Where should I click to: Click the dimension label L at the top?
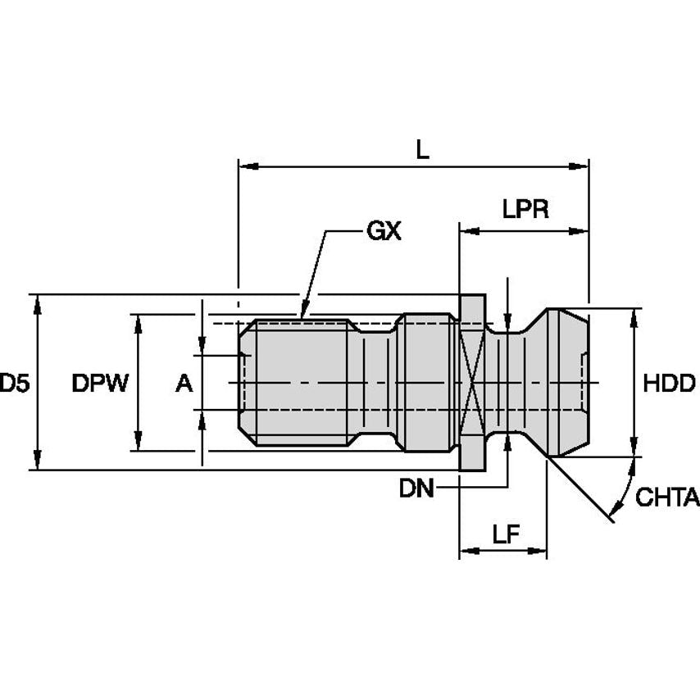(x=422, y=149)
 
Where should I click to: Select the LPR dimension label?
(x=525, y=210)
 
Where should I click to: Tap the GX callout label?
(x=383, y=232)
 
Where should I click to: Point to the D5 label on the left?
(x=14, y=383)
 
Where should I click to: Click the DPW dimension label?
(x=100, y=383)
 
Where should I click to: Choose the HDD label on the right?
(x=669, y=383)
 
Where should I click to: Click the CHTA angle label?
(x=667, y=498)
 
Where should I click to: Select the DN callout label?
(x=416, y=489)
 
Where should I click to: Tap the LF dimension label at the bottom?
(x=507, y=534)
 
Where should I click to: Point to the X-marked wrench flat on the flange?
(x=470, y=383)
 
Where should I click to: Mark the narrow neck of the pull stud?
(x=508, y=383)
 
